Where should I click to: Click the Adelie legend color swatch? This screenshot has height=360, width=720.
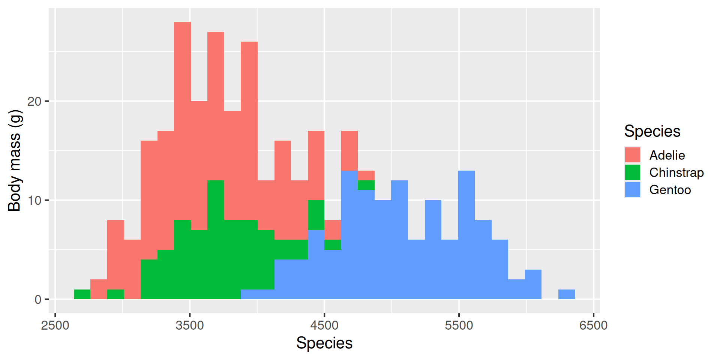[632, 155]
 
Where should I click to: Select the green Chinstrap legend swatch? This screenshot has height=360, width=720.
[632, 172]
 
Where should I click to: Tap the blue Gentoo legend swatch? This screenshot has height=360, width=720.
[632, 190]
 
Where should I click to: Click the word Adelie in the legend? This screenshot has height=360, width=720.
[667, 155]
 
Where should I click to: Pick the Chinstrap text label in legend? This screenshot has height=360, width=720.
[676, 172]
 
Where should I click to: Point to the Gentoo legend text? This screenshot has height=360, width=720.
[670, 190]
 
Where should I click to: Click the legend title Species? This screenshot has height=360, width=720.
[652, 131]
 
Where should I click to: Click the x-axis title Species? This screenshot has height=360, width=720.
[324, 343]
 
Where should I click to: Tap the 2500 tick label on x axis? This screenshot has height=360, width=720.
[55, 325]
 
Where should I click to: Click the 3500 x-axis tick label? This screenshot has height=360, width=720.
[190, 325]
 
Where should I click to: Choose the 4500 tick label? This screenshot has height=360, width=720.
[324, 325]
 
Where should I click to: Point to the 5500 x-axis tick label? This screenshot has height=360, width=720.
[459, 325]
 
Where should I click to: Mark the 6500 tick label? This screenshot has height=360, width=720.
[593, 325]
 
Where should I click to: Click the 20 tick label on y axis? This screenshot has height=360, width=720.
[34, 101]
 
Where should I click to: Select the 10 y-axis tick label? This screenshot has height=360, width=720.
[34, 200]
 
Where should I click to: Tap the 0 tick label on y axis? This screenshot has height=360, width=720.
[38, 300]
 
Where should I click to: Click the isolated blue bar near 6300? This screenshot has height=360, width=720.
[567, 294]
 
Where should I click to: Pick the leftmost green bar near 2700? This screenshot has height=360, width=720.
[82, 294]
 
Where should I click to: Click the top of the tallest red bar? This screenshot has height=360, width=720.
[182, 23]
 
